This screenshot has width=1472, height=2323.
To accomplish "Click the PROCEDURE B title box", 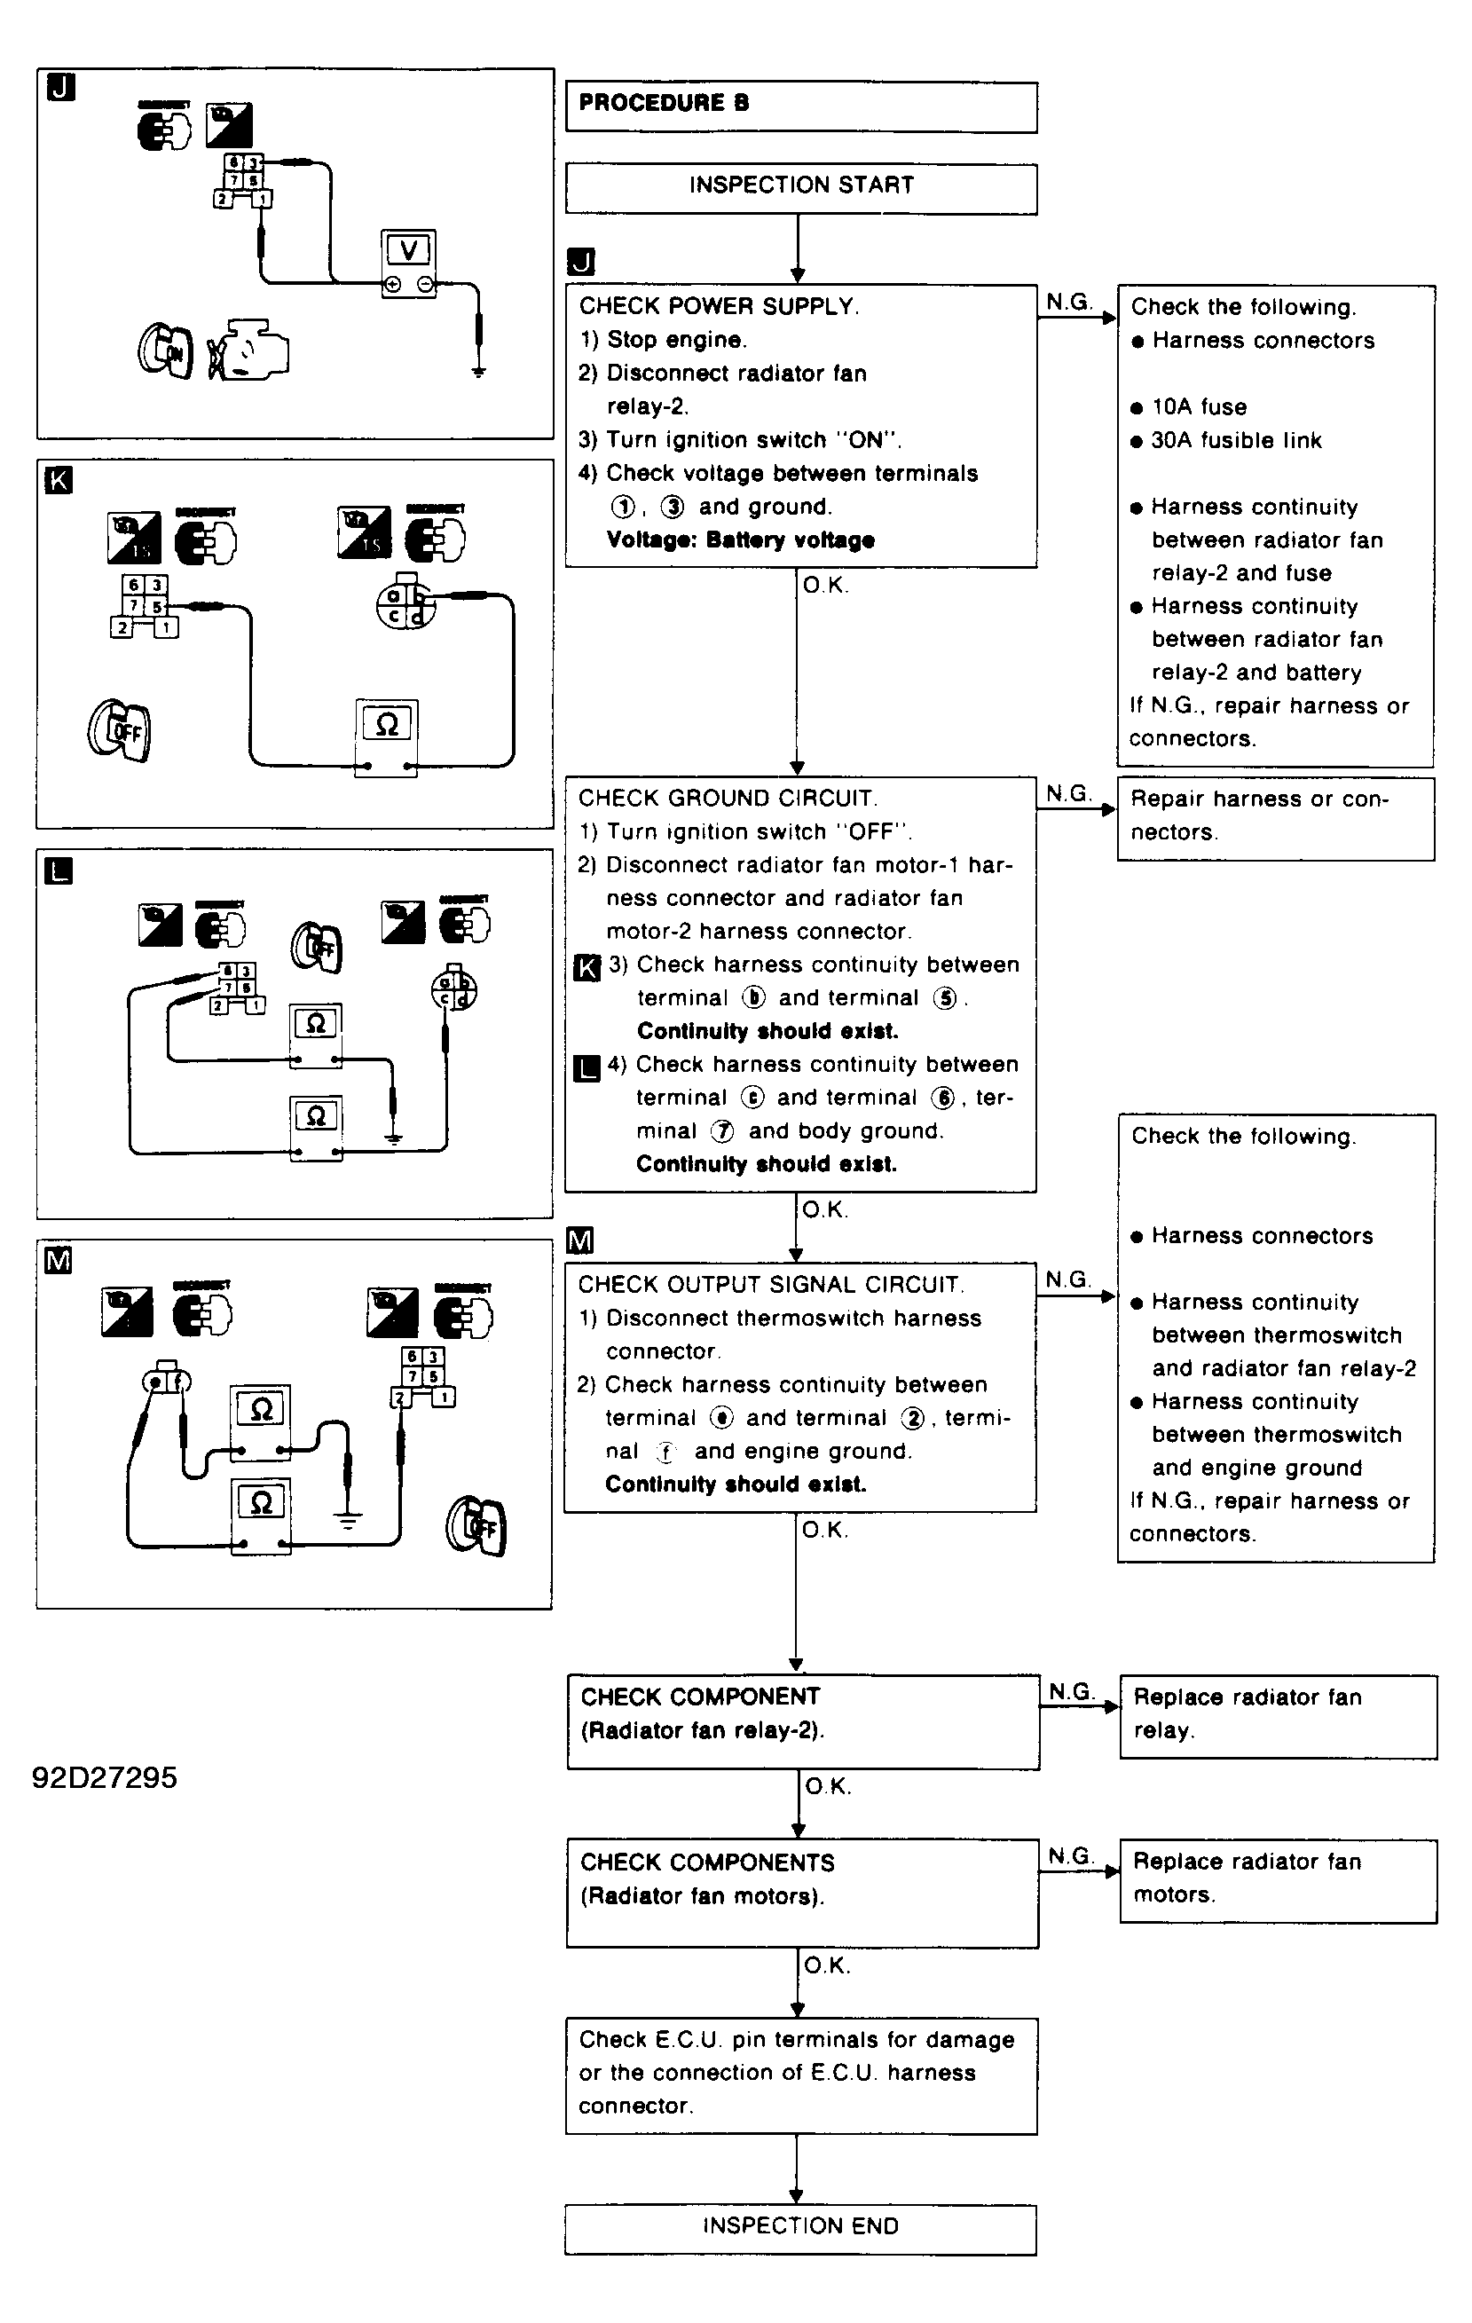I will click(x=800, y=106).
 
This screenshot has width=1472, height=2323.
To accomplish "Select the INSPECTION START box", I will click(x=800, y=187).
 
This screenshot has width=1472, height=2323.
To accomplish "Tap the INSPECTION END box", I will click(x=799, y=2228).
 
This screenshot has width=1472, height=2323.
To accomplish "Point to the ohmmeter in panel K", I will click(x=387, y=737).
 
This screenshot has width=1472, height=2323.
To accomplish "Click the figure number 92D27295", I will click(x=104, y=1777).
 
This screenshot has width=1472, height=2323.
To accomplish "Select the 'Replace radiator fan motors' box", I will click(x=1277, y=1880).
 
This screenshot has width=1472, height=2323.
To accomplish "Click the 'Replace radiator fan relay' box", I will click(x=1277, y=1716).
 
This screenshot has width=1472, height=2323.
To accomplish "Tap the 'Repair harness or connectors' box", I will click(x=1275, y=817).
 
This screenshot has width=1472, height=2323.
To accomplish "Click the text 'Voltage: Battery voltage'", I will click(x=741, y=540).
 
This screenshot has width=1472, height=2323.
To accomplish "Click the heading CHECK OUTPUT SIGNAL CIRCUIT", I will click(x=771, y=1285).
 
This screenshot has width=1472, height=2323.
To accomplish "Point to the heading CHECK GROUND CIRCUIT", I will click(x=728, y=799).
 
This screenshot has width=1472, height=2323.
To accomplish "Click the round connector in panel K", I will click(x=405, y=604).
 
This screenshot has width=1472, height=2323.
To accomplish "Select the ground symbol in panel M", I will click(x=348, y=1520).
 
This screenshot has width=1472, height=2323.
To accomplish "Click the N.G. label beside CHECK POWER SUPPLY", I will click(x=1069, y=302).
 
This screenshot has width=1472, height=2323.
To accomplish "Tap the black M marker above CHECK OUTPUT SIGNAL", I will click(x=579, y=1240).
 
